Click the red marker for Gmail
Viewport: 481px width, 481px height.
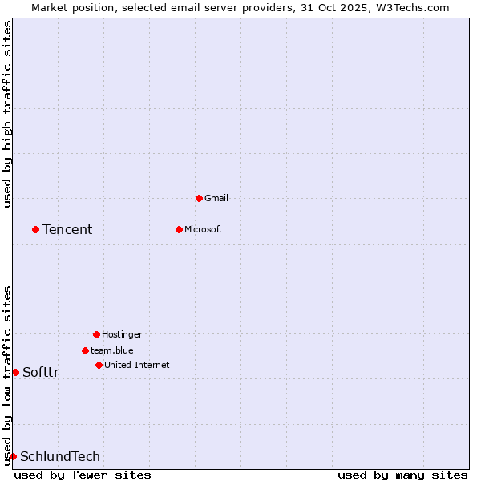[x=199, y=198]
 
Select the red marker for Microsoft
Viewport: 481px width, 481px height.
[x=179, y=229]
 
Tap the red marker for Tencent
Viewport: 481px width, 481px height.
[x=35, y=229]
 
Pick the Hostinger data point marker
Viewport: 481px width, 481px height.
[x=96, y=334]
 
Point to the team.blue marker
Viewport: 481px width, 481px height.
[x=85, y=350]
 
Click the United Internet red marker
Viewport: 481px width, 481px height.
[x=99, y=365]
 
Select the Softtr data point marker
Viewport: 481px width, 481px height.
[x=15, y=372]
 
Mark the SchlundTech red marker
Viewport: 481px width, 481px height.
[x=13, y=456]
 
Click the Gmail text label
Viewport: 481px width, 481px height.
[x=216, y=198]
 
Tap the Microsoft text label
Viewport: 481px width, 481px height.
[x=203, y=229]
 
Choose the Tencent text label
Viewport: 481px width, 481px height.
[x=67, y=229]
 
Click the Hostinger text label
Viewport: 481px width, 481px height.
[x=122, y=334]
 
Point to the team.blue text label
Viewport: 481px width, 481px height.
[x=112, y=350]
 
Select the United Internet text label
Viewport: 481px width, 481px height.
[x=136, y=365]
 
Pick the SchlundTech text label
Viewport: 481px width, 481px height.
[x=60, y=456]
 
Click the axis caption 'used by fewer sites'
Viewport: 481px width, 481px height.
[x=83, y=475]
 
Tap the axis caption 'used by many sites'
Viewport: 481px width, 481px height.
[x=402, y=475]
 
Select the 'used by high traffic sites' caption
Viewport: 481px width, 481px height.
[x=7, y=114]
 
